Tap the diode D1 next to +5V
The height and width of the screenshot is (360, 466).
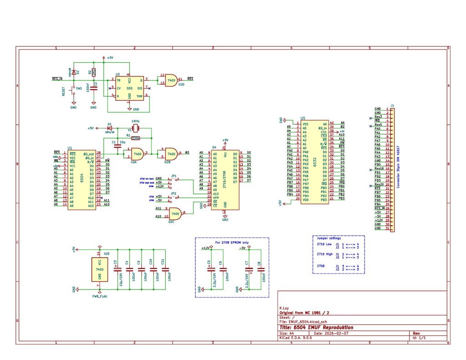click(109, 128)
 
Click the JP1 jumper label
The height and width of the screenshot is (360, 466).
click(173, 175)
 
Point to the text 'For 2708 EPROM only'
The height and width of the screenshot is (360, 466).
click(232, 242)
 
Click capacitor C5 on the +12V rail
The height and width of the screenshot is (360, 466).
click(209, 269)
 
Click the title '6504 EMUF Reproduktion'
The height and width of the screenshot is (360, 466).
click(317, 327)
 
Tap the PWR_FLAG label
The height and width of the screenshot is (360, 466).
click(100, 295)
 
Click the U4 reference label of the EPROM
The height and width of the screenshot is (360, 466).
click(214, 147)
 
